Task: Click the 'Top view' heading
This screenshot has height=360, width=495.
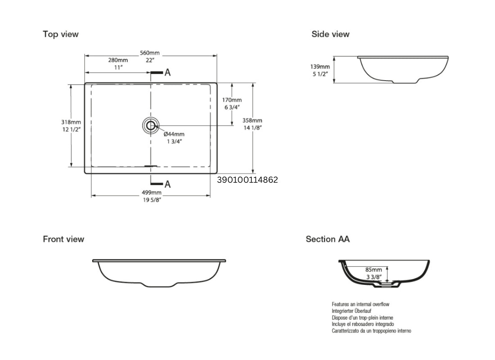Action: [x=60, y=34]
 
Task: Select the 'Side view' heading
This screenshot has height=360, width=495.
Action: [x=330, y=34]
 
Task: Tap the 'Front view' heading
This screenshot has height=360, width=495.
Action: [x=63, y=239]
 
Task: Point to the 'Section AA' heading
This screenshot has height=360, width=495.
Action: [x=328, y=239]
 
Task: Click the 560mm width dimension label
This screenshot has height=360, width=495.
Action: [x=150, y=53]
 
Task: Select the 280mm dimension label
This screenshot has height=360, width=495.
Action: [x=118, y=60]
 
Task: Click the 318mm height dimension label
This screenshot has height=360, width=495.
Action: [x=71, y=122]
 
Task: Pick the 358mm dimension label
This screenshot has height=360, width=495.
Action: [x=252, y=121]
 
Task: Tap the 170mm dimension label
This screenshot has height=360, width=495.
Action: [x=232, y=100]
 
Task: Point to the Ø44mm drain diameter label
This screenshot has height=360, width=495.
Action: [x=174, y=134]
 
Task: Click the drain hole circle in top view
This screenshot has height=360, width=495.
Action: [x=150, y=126]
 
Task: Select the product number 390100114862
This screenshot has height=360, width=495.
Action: [x=247, y=180]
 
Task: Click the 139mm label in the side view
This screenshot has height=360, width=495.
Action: [x=321, y=67]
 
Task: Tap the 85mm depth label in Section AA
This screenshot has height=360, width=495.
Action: [x=373, y=270]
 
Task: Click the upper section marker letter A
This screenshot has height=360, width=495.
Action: [x=167, y=72]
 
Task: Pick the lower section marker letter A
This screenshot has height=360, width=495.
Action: [x=167, y=184]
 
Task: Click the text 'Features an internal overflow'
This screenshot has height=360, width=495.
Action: [x=360, y=305]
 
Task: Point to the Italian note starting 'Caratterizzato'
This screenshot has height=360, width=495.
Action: [x=371, y=331]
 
